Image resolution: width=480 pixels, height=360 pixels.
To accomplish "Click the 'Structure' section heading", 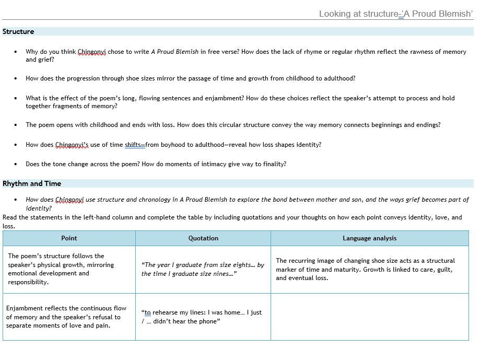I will (x=18, y=32).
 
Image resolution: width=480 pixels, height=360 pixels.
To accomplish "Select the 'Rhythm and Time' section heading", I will (x=32, y=184).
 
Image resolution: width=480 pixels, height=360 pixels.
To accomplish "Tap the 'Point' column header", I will (x=69, y=238).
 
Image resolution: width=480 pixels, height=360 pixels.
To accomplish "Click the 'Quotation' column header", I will (x=203, y=238).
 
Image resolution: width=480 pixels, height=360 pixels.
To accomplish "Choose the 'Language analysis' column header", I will (x=369, y=238).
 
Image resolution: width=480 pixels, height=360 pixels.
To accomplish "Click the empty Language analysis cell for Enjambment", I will (x=369, y=317).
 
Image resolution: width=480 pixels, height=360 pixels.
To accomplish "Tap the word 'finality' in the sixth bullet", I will (x=274, y=164).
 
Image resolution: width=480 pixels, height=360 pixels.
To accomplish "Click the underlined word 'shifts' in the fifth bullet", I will (x=134, y=145).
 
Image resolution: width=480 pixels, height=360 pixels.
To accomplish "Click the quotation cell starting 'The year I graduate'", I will (x=203, y=269).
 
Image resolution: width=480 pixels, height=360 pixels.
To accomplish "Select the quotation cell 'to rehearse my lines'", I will (x=203, y=317).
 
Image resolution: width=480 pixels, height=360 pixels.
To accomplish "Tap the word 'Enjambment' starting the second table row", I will (x=22, y=308).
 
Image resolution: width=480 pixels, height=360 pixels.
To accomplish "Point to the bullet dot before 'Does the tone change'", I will (x=16, y=164).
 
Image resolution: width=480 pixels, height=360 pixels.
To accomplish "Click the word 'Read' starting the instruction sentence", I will (x=9, y=218).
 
